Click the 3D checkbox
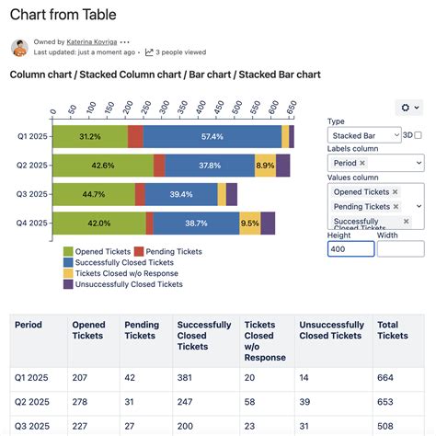pyautogui.click(x=418, y=135)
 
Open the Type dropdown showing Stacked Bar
pyautogui.click(x=363, y=135)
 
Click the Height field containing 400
pyautogui.click(x=350, y=248)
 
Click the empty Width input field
pyautogui.click(x=400, y=248)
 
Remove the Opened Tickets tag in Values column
pyautogui.click(x=395, y=191)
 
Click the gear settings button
pyautogui.click(x=407, y=108)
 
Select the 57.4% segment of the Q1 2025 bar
pyautogui.click(x=212, y=137)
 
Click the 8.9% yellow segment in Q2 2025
pyautogui.click(x=265, y=166)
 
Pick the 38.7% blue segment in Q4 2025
pyautogui.click(x=195, y=223)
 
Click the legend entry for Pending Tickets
pyautogui.click(x=167, y=251)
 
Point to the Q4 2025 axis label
pyautogui.click(x=31, y=223)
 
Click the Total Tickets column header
pyautogui.click(x=393, y=330)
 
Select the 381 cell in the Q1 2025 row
pyautogui.click(x=186, y=378)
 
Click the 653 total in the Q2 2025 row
pyautogui.click(x=386, y=403)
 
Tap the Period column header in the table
pyautogui.click(x=29, y=325)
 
